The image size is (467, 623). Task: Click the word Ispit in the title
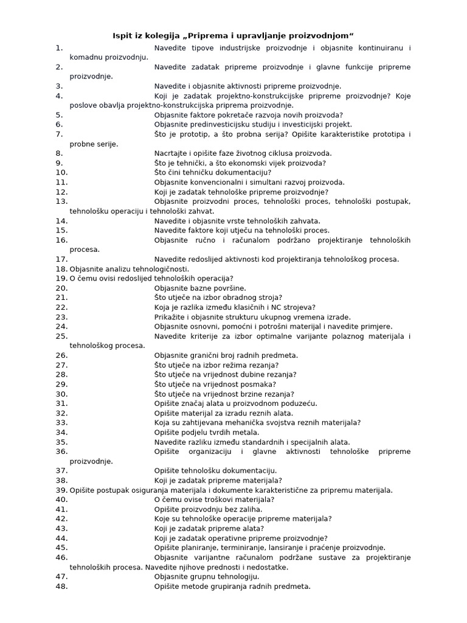click(123, 35)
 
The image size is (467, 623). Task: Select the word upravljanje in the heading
click(249, 35)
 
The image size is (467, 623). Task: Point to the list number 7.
click(59, 134)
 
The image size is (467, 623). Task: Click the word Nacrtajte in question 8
click(172, 153)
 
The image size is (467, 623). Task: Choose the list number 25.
click(61, 336)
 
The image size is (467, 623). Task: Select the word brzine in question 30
click(257, 394)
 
